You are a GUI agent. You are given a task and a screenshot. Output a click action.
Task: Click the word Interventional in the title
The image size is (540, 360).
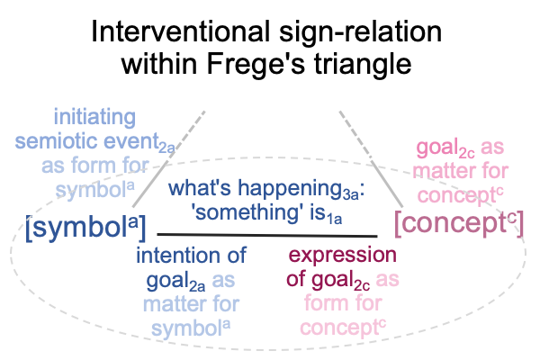point(180,31)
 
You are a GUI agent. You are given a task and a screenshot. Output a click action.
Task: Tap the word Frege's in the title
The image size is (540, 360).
point(256,64)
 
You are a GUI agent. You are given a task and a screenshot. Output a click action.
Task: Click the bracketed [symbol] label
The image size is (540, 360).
point(85,228)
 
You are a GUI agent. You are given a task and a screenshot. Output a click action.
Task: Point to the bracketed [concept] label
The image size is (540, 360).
point(459,223)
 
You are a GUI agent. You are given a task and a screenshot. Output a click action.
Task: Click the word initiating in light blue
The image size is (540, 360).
point(94,118)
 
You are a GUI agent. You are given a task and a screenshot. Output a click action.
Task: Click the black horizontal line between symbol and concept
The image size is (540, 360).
point(267,235)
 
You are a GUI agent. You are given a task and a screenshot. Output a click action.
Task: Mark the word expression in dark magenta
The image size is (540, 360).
point(343,255)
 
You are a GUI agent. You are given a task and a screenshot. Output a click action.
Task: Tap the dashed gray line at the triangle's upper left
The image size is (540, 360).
point(169,160)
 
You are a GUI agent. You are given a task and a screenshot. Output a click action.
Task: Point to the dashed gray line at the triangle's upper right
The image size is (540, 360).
point(371,159)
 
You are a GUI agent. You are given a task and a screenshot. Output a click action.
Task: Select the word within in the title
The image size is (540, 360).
point(158,64)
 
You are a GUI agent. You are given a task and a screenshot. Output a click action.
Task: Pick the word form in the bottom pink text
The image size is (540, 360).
point(327,303)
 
